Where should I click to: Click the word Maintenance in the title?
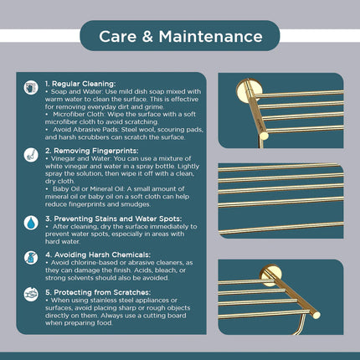pyautogui.click(x=211, y=37)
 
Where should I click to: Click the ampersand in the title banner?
pyautogui.click(x=147, y=37)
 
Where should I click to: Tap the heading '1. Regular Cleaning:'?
pyautogui.click(x=80, y=84)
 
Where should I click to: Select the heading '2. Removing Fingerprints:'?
pyautogui.click(x=92, y=151)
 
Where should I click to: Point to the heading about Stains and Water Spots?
pyautogui.click(x=114, y=219)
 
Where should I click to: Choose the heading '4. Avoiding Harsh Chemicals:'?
pyautogui.click(x=98, y=255)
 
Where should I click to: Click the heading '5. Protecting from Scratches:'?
pyautogui.click(x=98, y=292)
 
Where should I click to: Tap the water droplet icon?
pyautogui.click(x=31, y=223)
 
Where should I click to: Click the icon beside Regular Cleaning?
pyautogui.click(x=31, y=88)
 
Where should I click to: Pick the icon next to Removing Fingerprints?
pyautogui.click(x=31, y=155)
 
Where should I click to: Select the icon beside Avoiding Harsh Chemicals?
pyautogui.click(x=31, y=258)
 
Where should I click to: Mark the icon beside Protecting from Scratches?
pyautogui.click(x=31, y=295)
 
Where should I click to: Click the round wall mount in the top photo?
pyautogui.click(x=249, y=90)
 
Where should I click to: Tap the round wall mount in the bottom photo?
pyautogui.click(x=270, y=275)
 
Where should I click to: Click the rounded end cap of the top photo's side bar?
pyautogui.click(x=264, y=136)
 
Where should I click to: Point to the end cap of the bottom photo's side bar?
pyautogui.click(x=316, y=315)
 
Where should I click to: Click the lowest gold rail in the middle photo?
pyautogui.click(x=281, y=228)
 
